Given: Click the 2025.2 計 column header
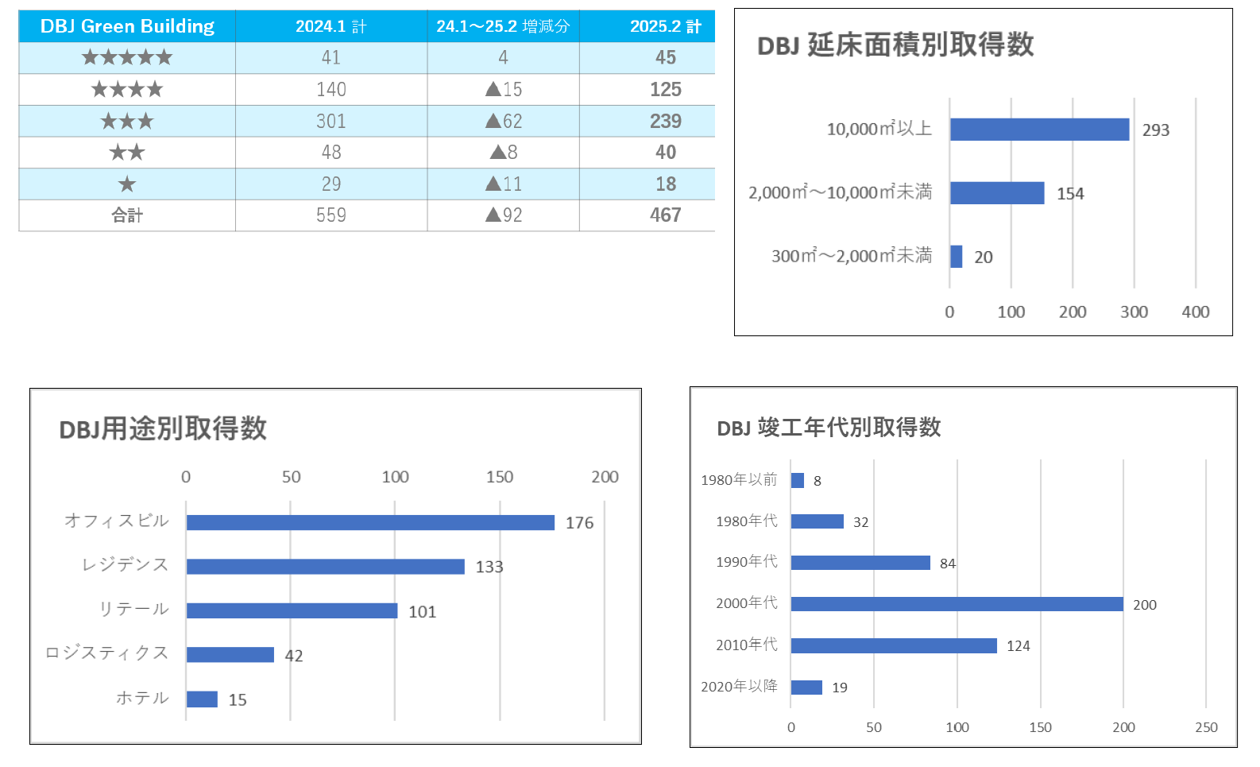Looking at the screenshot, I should click(665, 26).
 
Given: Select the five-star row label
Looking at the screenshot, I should click(127, 57).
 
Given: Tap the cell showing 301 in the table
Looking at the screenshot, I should click(330, 121).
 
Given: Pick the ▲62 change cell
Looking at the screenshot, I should click(504, 121).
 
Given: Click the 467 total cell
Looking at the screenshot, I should click(665, 215).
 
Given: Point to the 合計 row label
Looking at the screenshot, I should click(127, 215).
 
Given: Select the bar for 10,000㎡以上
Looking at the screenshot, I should click(1039, 130).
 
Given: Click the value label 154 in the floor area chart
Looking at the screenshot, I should click(1070, 194).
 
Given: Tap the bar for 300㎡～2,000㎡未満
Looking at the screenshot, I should click(957, 257).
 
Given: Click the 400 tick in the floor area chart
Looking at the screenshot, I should click(1195, 312).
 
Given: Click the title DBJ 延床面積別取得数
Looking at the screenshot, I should click(895, 45).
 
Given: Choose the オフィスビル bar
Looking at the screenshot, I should click(370, 522).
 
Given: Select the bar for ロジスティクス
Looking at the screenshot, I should click(230, 655).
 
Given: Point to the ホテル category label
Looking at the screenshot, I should click(143, 698).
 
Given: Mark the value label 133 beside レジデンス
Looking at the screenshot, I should click(489, 567).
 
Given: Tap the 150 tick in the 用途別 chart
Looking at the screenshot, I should click(500, 477).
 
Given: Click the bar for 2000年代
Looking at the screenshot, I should click(957, 604).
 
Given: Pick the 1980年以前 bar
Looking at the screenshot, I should click(798, 480).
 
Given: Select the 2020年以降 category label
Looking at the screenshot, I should click(739, 686).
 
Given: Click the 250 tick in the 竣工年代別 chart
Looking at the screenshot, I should click(1206, 727).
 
